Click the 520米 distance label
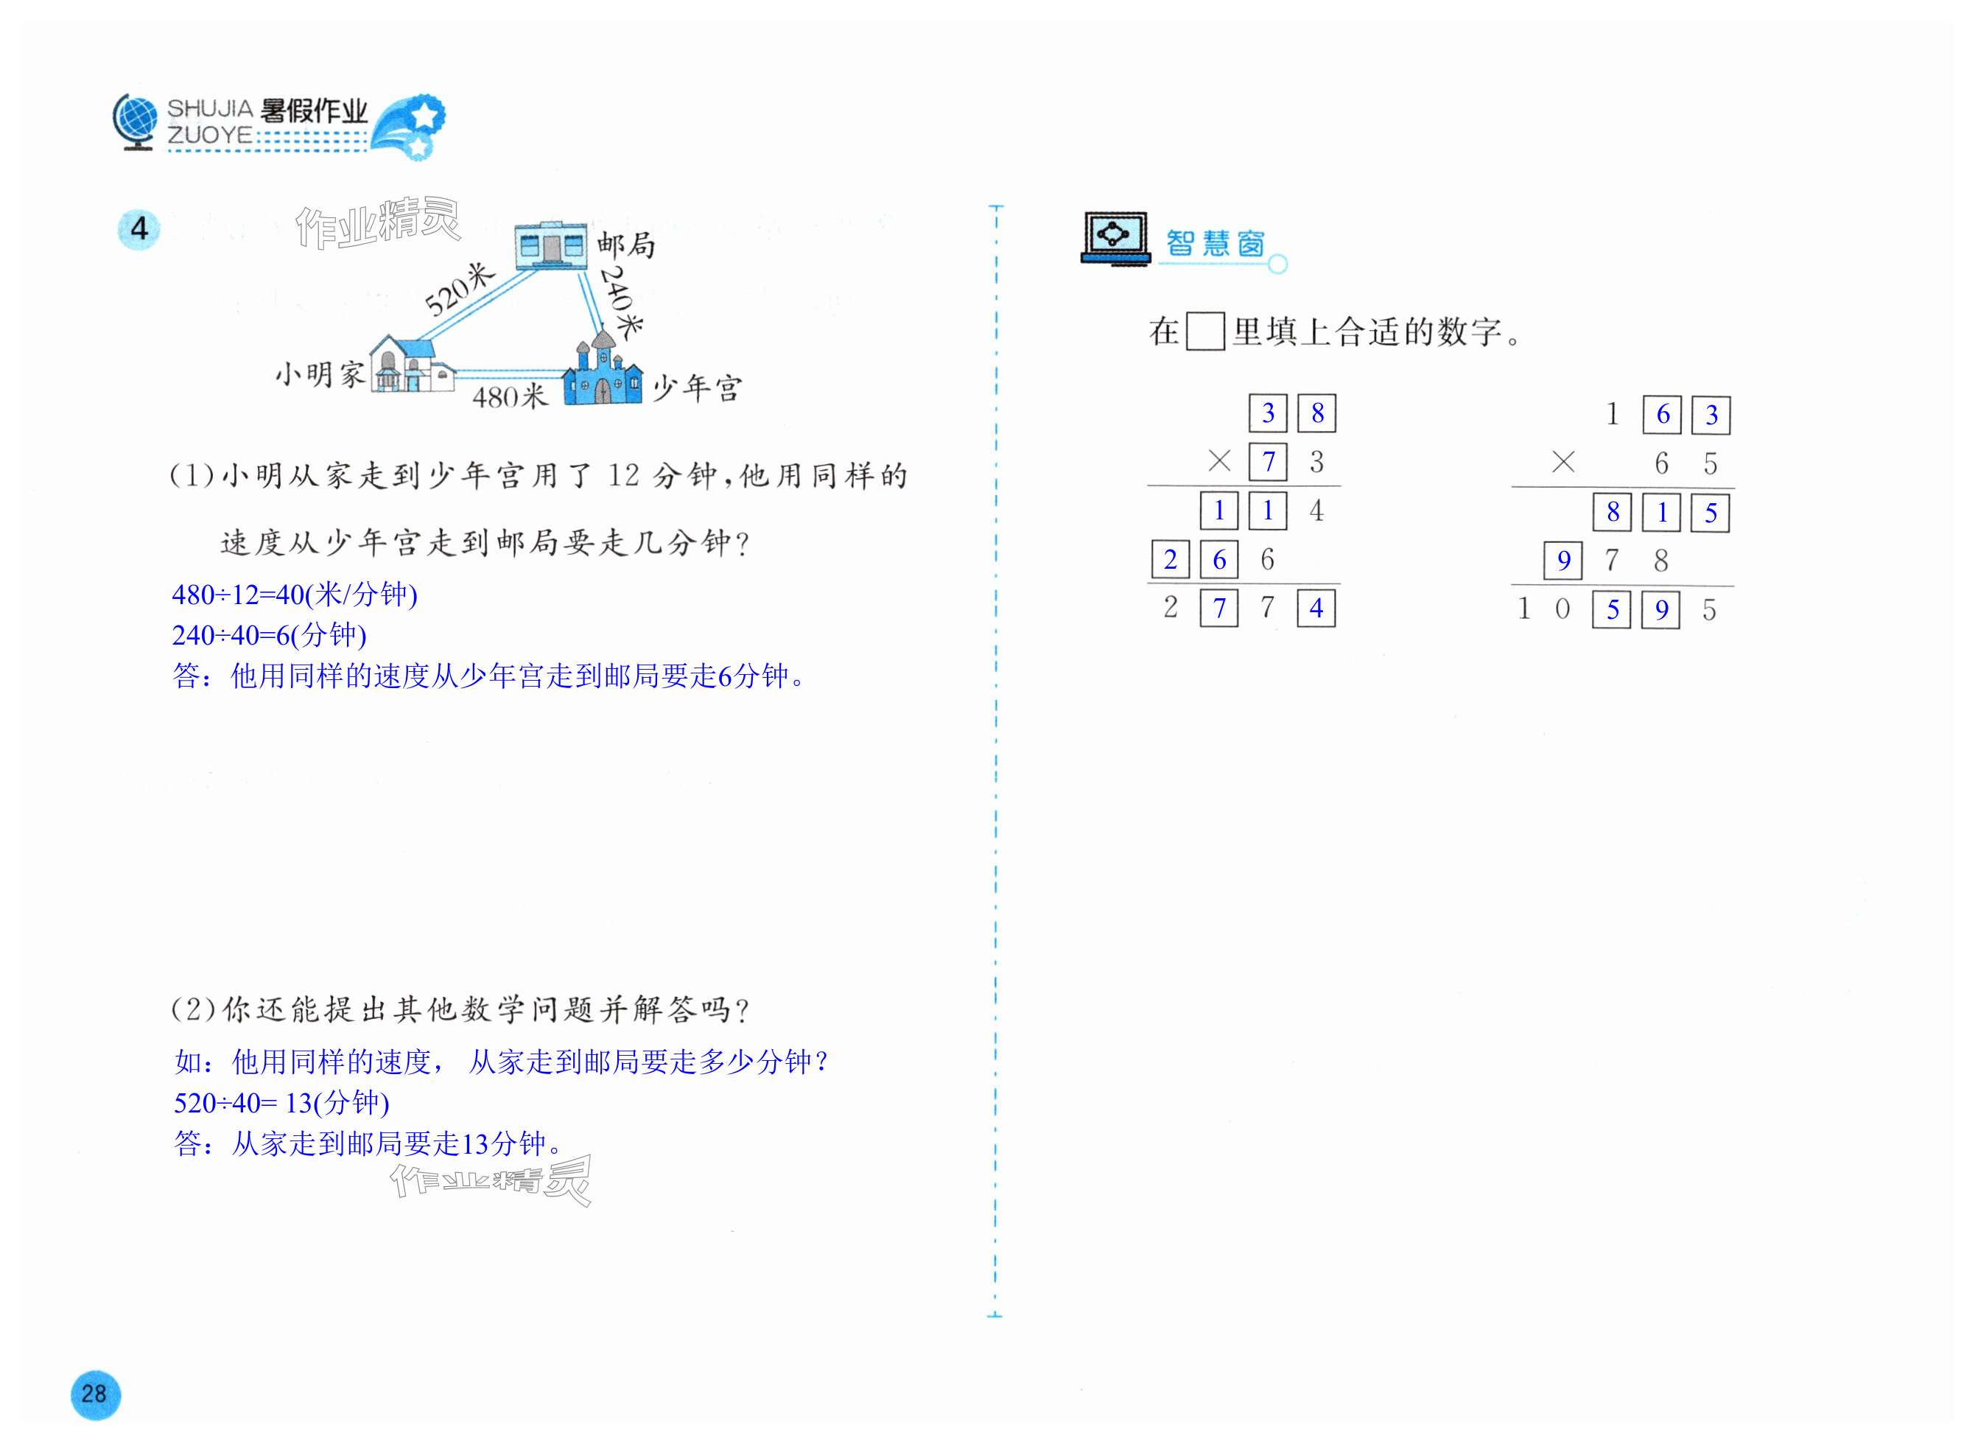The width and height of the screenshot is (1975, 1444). coord(459,290)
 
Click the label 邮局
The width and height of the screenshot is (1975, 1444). coord(625,245)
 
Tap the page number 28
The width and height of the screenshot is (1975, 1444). coord(94,1393)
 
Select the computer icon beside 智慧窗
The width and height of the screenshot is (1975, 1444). coord(1115,238)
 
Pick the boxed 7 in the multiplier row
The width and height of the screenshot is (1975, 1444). coord(1268,461)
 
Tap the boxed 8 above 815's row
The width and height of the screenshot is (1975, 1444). coord(1613,512)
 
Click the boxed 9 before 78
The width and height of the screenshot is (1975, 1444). coord(1563,561)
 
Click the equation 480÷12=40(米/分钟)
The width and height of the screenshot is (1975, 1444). coord(295,595)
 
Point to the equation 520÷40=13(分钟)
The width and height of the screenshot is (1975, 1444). coord(281,1103)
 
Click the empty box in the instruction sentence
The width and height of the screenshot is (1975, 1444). coord(1204,332)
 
